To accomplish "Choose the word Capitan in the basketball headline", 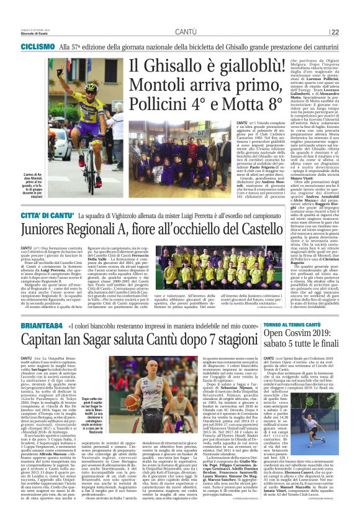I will click(x=45, y=340).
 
